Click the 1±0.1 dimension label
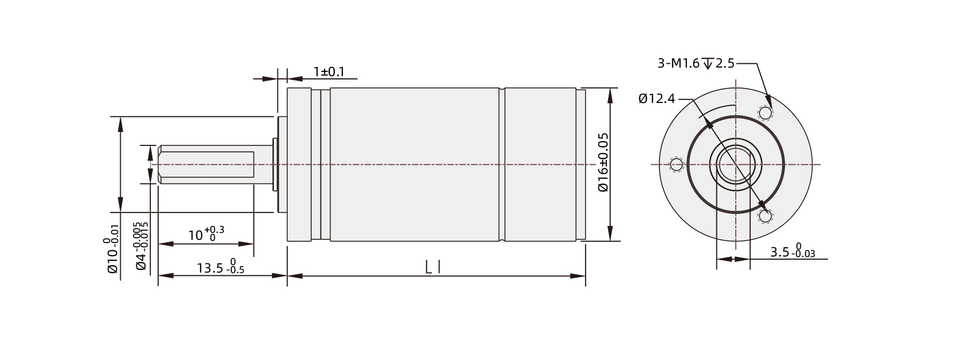click(329, 71)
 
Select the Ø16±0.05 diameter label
click(603, 162)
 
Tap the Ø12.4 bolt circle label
click(657, 99)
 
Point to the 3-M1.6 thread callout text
click(678, 63)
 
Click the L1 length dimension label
click(434, 267)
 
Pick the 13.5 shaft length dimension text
click(210, 268)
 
